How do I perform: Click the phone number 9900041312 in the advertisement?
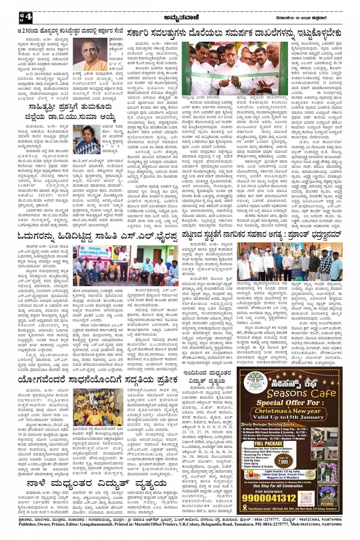point(269,498)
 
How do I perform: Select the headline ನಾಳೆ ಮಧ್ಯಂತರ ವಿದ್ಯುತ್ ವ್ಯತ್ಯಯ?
point(97,484)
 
